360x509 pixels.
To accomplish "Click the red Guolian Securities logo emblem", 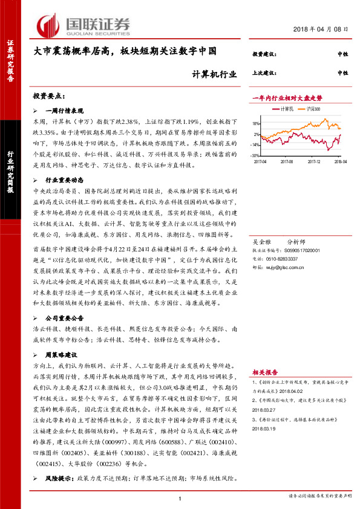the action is click(x=50, y=25).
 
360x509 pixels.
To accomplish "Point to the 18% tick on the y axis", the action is click(x=256, y=123).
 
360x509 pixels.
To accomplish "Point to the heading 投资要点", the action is click(x=48, y=96).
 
